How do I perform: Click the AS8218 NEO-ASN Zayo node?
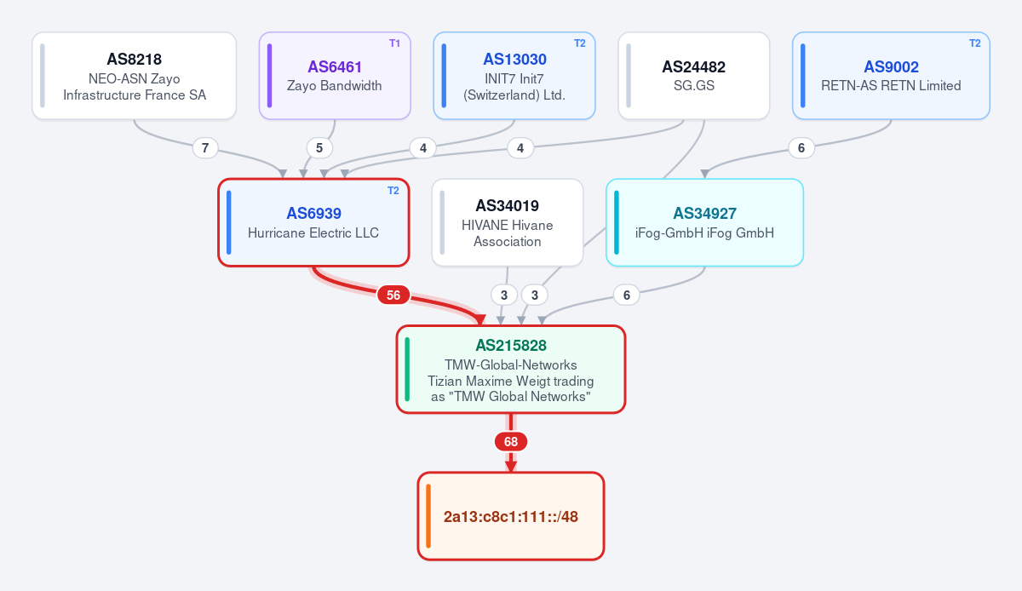click(135, 76)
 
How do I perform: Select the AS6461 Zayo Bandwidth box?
click(335, 76)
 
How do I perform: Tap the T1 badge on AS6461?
click(394, 43)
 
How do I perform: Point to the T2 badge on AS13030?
click(579, 43)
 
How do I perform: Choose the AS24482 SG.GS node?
click(693, 76)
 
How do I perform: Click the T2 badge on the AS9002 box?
click(974, 43)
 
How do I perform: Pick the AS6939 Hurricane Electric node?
click(313, 222)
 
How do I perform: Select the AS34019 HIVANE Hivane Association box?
click(508, 222)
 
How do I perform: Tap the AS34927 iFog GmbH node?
click(704, 222)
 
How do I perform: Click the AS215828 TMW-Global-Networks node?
click(510, 370)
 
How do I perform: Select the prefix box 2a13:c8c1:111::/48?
click(510, 516)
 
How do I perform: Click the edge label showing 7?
click(205, 148)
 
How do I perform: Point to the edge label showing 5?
click(319, 148)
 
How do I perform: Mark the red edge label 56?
click(393, 295)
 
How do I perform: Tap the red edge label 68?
click(511, 442)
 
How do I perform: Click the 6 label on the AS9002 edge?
click(801, 148)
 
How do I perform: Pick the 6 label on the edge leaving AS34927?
click(627, 295)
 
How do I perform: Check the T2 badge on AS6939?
click(393, 191)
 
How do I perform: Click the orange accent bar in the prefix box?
click(428, 516)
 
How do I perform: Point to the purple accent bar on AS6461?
click(270, 76)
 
